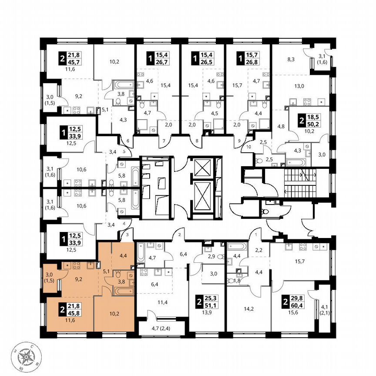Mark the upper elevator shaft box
pos(202,168)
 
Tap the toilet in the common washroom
pos(264,212)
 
